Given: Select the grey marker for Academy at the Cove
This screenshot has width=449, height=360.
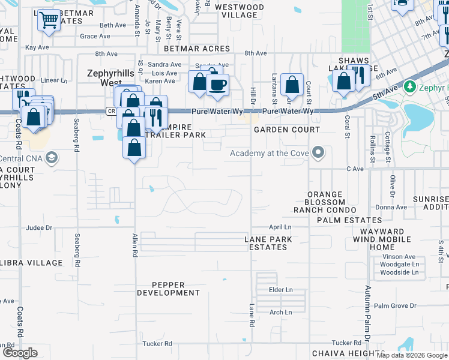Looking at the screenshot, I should click(318, 154).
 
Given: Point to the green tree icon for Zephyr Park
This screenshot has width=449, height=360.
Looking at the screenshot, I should click(410, 86).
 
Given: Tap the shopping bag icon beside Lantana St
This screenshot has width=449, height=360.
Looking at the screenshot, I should click(292, 84).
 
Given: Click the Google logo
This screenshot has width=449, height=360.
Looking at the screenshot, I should click(20, 353).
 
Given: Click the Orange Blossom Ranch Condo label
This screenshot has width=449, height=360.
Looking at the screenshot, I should click(325, 202).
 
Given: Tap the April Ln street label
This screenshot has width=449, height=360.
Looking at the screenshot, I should click(280, 227).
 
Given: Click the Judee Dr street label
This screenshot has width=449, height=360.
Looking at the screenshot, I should click(40, 228).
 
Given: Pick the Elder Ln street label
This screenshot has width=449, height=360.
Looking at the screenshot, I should click(281, 290).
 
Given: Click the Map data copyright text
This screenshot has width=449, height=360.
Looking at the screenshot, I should click(412, 355).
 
